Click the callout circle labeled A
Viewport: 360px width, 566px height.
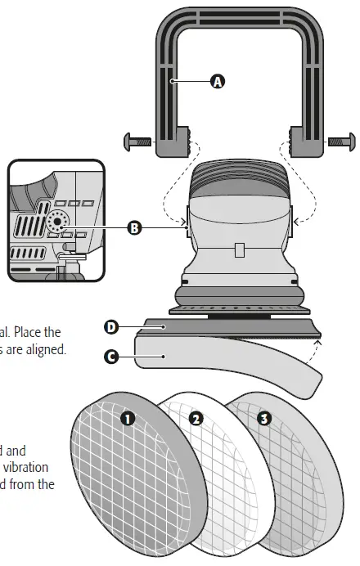[217, 81]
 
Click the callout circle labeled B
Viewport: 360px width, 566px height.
[135, 228]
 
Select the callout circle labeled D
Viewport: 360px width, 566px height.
[111, 327]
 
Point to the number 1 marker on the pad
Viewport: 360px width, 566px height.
[128, 418]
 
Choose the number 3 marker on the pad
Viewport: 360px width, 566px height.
[263, 419]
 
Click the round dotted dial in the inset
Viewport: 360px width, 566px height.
[58, 221]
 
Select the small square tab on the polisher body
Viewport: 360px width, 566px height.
[237, 247]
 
